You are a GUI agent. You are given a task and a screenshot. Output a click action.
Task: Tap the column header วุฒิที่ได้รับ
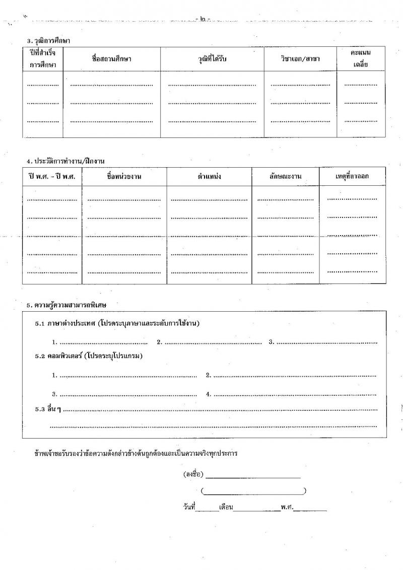pyautogui.click(x=213, y=59)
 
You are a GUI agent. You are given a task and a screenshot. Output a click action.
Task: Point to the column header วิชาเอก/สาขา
pyautogui.click(x=300, y=59)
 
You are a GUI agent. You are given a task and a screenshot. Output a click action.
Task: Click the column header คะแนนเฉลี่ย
pyautogui.click(x=361, y=59)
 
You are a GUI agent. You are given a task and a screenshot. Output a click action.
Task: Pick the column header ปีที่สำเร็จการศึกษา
pyautogui.click(x=42, y=59)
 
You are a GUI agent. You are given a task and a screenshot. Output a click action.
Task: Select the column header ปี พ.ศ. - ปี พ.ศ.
pyautogui.click(x=52, y=177)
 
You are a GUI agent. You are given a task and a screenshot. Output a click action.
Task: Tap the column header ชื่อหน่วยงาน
pyautogui.click(x=124, y=177)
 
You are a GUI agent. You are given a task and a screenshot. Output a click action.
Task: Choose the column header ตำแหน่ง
pyautogui.click(x=210, y=177)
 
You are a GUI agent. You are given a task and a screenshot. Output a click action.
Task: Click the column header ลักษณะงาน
pyautogui.click(x=285, y=177)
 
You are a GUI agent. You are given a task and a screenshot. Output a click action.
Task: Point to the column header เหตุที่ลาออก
pyautogui.click(x=352, y=177)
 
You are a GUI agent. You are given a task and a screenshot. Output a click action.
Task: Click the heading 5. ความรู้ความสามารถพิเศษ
pyautogui.click(x=66, y=305)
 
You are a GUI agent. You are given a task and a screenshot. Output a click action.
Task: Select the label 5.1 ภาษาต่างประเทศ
pyautogui.click(x=65, y=323)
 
